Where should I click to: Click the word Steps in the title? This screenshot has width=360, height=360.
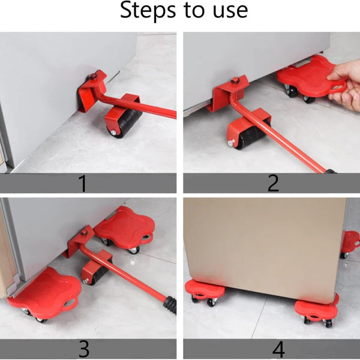(x=148, y=10)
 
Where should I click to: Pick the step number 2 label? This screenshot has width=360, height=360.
(x=273, y=183)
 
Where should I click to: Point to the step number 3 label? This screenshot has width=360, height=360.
(x=84, y=349)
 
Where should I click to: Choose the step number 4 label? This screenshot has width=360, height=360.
(x=278, y=349)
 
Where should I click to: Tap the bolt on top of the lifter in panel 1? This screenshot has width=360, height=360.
(x=93, y=76)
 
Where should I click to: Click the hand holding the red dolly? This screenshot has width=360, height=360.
(x=344, y=85)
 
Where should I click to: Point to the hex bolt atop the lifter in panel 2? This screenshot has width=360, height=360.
(x=235, y=80)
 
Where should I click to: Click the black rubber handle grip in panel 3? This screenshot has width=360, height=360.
(x=170, y=304)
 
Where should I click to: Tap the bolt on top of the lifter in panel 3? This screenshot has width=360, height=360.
(x=84, y=232)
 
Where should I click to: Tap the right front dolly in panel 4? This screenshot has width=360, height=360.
(x=316, y=309)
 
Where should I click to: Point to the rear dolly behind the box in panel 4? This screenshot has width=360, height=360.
(x=350, y=244)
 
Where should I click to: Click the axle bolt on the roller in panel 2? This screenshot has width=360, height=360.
(x=231, y=143)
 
